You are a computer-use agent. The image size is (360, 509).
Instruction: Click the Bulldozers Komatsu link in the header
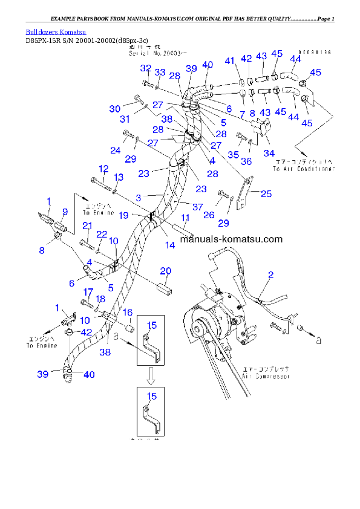click(56, 31)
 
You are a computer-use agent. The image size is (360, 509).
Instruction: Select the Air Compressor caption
click(266, 376)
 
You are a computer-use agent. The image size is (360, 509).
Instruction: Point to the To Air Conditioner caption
click(303, 169)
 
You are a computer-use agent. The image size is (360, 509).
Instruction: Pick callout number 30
click(115, 109)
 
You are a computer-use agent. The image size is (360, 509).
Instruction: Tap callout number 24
click(116, 150)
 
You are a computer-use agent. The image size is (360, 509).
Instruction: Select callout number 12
click(104, 169)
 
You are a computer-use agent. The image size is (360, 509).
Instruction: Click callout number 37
click(197, 207)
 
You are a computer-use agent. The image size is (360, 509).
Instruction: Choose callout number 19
click(123, 215)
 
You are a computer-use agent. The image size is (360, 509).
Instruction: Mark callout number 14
click(170, 245)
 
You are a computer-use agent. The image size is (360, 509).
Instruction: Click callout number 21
click(87, 225)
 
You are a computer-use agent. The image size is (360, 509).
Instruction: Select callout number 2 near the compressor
click(270, 275)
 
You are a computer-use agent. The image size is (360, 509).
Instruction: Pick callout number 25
click(266, 193)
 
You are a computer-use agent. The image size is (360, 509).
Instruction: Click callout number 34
click(269, 152)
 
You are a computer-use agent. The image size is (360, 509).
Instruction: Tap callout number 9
click(65, 212)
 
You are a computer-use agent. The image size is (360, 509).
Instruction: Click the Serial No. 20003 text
click(149, 53)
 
